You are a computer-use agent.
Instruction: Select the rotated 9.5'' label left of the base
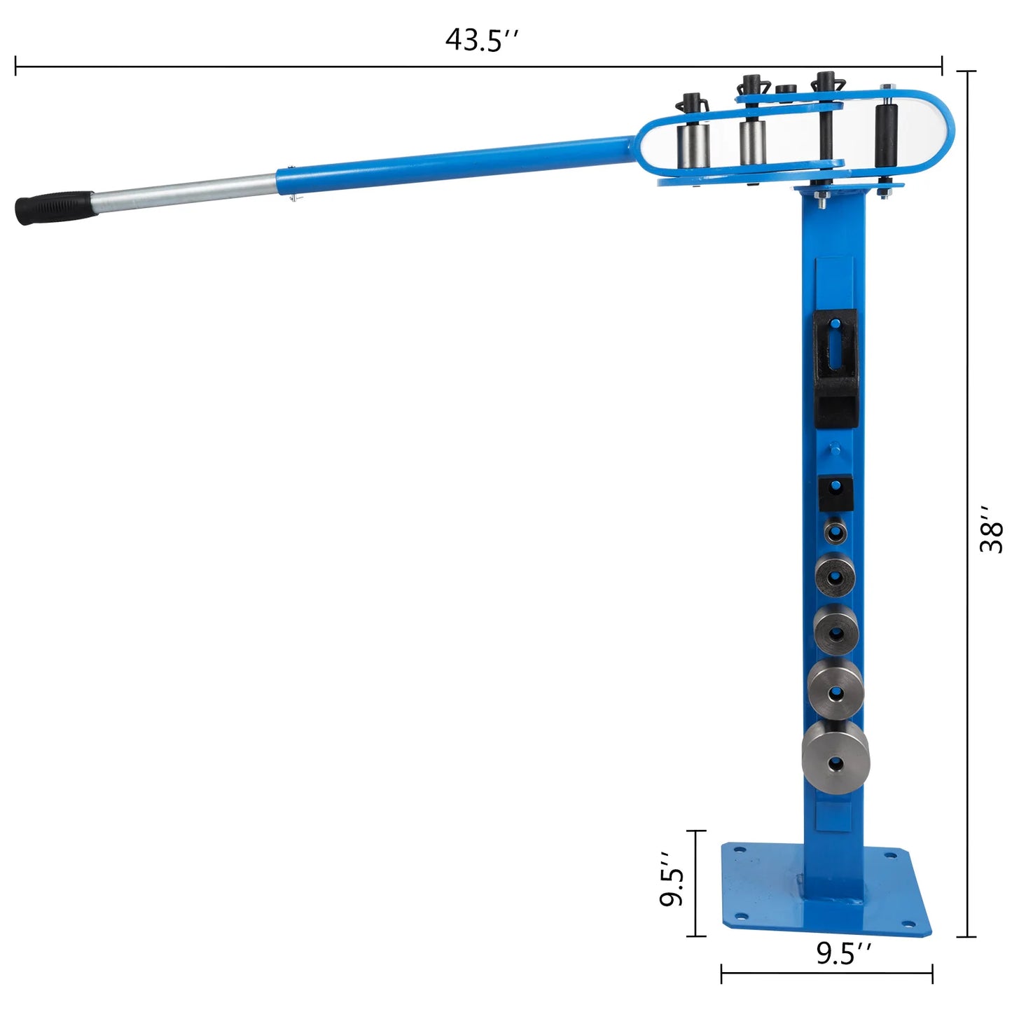672,880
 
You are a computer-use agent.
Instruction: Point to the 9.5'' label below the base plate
843,953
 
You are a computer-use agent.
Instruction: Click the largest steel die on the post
836,759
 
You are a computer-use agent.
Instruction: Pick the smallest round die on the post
834,531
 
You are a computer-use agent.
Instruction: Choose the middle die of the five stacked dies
836,629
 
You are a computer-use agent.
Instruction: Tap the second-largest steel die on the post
836,689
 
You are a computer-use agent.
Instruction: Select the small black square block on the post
836,494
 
